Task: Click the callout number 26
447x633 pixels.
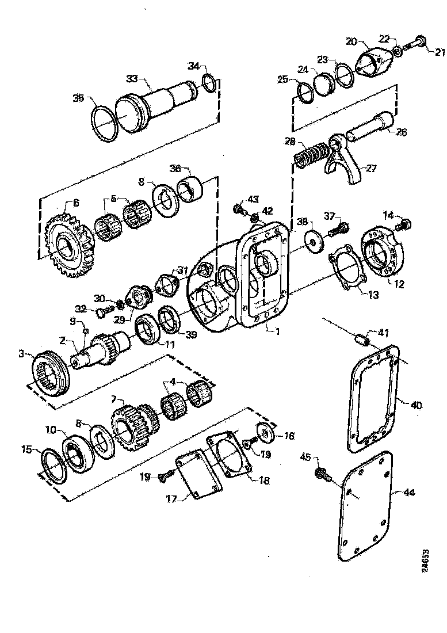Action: click(402, 132)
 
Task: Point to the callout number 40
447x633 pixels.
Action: click(417, 405)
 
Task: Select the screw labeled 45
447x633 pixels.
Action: click(320, 474)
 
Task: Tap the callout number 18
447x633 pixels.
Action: click(263, 480)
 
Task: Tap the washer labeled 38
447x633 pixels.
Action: click(314, 240)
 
